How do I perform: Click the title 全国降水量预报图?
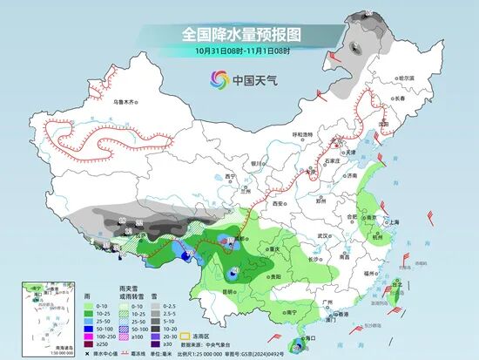[x=239, y=33]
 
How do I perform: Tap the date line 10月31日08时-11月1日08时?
[x=240, y=51]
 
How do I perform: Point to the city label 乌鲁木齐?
[x=126, y=102]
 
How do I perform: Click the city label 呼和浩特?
[x=301, y=134]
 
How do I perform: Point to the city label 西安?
[x=278, y=202]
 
